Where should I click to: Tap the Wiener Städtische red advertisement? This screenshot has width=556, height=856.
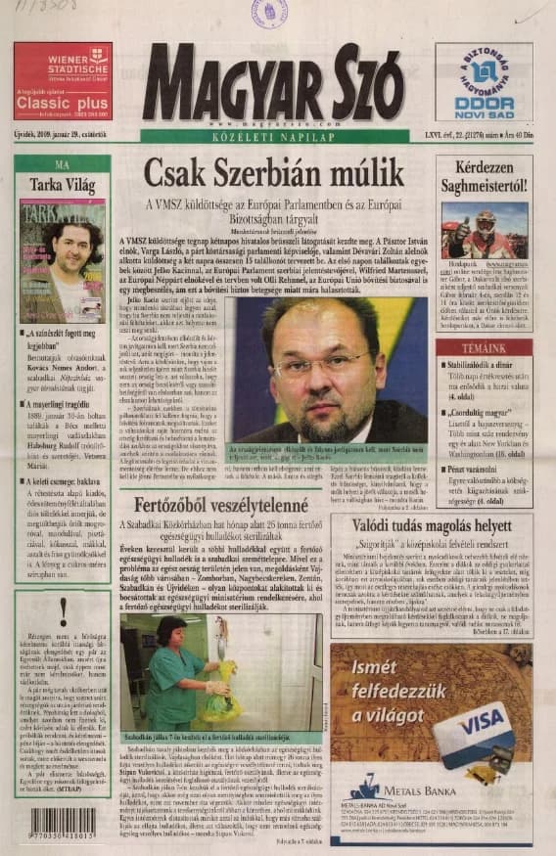click(x=63, y=81)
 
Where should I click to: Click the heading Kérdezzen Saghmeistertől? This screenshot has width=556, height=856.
click(x=485, y=174)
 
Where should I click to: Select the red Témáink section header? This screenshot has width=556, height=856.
click(x=485, y=348)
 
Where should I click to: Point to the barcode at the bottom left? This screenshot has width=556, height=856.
click(x=63, y=821)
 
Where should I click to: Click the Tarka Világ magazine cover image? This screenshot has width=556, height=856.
click(x=63, y=260)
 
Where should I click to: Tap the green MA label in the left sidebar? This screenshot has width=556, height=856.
click(x=62, y=164)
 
